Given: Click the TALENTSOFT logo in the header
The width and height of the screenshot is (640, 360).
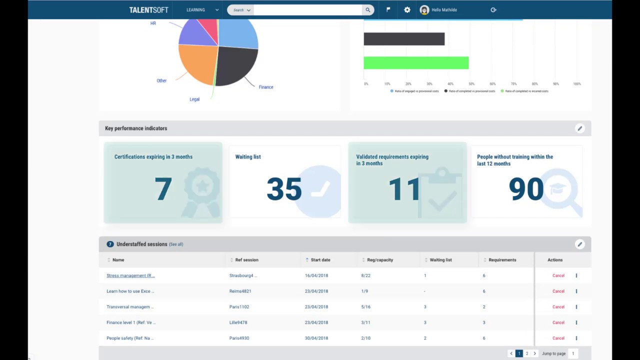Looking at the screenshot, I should click(148, 10).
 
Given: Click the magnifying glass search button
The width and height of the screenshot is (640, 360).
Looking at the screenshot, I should click(367, 10).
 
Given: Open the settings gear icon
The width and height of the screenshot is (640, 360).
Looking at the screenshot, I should click(407, 10).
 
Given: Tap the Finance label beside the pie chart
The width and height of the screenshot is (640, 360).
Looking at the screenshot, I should click(265, 87).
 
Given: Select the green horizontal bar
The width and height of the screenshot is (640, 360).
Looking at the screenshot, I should click(415, 62).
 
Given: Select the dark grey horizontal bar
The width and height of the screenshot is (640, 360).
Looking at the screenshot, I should click(403, 39).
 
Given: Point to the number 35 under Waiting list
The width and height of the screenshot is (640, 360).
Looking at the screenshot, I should click(283, 189).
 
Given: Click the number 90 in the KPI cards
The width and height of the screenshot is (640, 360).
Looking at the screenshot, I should click(525, 189).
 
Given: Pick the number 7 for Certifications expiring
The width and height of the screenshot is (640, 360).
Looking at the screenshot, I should click(163, 189).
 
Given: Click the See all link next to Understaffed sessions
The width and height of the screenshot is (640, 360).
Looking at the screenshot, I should click(176, 244).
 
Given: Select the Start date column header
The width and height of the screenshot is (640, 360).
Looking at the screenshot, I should click(320, 260).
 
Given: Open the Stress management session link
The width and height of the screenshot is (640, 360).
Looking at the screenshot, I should click(130, 275).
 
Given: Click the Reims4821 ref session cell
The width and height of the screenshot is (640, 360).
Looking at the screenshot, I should click(240, 291).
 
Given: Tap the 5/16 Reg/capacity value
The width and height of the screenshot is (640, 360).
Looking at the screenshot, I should click(365, 307).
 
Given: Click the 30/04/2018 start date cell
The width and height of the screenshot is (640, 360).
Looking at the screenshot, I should click(316, 338).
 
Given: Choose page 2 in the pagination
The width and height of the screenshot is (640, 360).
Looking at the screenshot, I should click(526, 353).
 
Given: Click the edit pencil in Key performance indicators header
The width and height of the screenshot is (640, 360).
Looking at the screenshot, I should click(579, 128).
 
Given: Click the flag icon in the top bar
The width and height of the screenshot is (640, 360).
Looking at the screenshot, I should click(388, 9).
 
